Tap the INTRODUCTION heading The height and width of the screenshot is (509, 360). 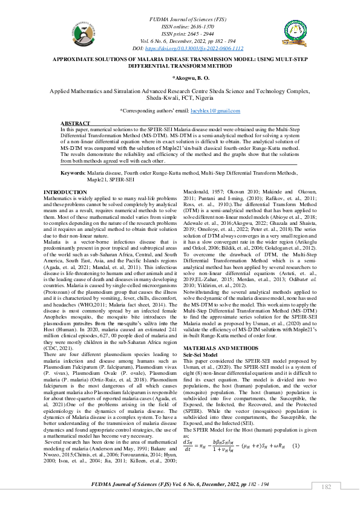pos(65,192)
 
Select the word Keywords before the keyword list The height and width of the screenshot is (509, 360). pos(73,173)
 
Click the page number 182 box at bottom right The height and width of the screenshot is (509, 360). pos(326,487)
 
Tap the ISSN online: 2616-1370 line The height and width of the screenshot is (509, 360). pos(180,27)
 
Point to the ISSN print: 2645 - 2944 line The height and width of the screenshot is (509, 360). pos(180,34)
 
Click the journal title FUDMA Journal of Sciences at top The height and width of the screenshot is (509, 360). pos(180,21)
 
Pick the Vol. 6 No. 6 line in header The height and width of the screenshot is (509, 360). pos(180,41)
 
